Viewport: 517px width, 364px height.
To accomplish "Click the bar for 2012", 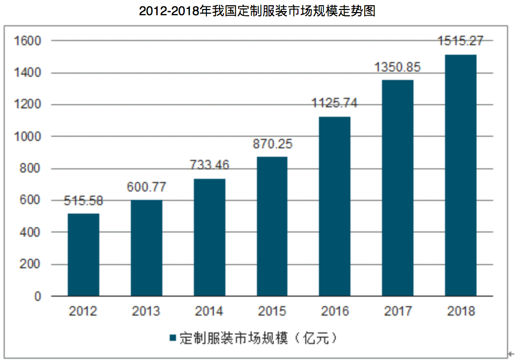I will [83, 255].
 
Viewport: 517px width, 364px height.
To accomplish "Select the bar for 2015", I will [272, 227].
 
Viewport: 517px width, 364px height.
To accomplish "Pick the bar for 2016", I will [335, 206].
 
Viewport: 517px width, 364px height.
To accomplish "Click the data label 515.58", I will [83, 200].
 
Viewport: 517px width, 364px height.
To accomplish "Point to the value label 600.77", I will [146, 187].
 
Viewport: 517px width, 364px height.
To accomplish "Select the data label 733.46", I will [209, 165].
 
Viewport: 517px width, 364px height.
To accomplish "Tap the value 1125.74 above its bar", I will [335, 103].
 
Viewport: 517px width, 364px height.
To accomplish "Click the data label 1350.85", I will [398, 67].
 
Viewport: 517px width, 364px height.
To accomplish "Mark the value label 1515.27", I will [461, 41].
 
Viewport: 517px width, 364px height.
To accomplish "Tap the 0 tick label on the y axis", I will [38, 297].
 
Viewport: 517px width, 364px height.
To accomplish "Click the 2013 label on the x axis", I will [146, 311].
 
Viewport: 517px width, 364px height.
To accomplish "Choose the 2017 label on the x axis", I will [398, 311].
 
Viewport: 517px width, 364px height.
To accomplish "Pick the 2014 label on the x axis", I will [209, 311].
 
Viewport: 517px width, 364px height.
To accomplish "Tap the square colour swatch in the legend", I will [172, 338].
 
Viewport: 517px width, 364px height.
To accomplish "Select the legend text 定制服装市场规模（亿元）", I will [258, 338].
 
